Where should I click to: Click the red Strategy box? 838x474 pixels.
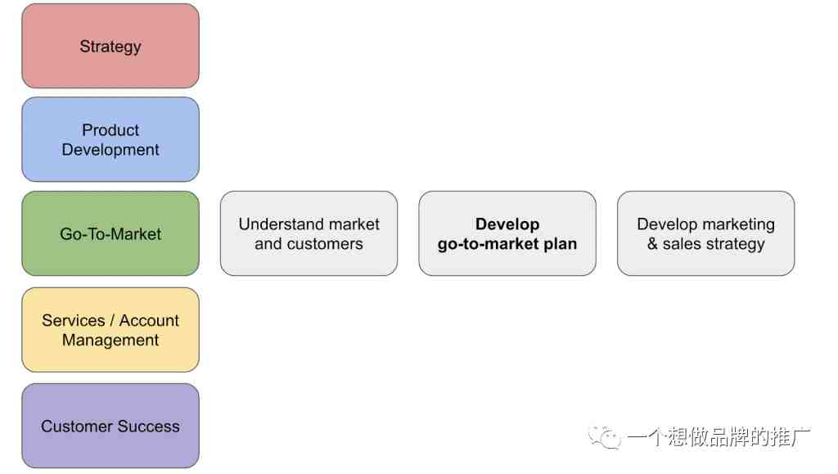pyautogui.click(x=110, y=46)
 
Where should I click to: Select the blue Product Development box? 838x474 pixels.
pyautogui.click(x=110, y=139)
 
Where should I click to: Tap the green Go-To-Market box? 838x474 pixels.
pyautogui.click(x=110, y=233)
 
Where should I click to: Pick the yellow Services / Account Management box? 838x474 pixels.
pyautogui.click(x=110, y=330)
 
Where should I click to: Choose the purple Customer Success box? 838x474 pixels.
pyautogui.click(x=110, y=426)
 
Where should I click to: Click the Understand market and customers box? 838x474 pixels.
pyautogui.click(x=309, y=233)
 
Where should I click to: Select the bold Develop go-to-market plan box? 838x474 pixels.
pyautogui.click(x=507, y=233)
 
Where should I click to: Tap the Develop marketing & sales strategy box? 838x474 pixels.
pyautogui.click(x=706, y=233)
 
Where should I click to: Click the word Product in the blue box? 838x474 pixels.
pyautogui.click(x=110, y=130)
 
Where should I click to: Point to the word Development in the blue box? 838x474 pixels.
pyautogui.click(x=110, y=150)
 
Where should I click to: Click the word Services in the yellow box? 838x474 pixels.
pyautogui.click(x=73, y=320)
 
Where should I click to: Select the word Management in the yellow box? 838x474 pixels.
pyautogui.click(x=110, y=340)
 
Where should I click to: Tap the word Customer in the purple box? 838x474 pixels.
pyautogui.click(x=76, y=427)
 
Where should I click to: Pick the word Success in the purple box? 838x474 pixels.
pyautogui.click(x=149, y=427)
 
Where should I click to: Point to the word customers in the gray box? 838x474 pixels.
pyautogui.click(x=325, y=244)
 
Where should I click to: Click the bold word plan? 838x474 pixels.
pyautogui.click(x=560, y=244)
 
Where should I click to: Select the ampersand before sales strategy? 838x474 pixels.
pyautogui.click(x=652, y=244)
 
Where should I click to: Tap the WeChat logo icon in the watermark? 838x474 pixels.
pyautogui.click(x=605, y=437)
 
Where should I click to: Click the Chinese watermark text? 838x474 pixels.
pyautogui.click(x=719, y=436)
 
